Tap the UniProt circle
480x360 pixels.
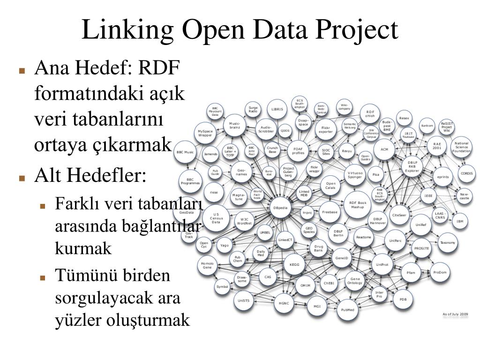[x=382, y=265]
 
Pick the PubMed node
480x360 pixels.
[x=347, y=310]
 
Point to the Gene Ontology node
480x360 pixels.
[x=355, y=281]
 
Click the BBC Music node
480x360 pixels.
[x=185, y=152]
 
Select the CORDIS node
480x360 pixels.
[x=467, y=173]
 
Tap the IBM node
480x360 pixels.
[x=460, y=221]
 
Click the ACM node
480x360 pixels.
[x=384, y=150]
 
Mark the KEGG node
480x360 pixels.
[x=294, y=265]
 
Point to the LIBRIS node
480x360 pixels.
[x=277, y=109]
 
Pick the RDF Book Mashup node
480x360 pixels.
[x=358, y=204]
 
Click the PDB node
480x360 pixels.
[x=403, y=299]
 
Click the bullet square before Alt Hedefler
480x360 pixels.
[x=22, y=179]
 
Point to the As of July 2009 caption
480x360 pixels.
[x=456, y=315]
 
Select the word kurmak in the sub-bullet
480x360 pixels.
[x=83, y=248]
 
